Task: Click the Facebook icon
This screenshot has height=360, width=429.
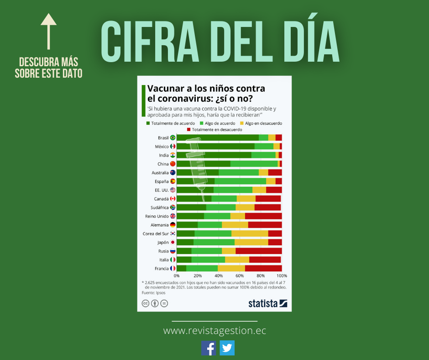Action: [209, 348]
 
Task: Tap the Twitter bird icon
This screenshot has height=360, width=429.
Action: [227, 348]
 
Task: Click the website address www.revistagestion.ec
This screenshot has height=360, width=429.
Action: [214, 330]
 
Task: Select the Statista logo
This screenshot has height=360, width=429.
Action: [267, 303]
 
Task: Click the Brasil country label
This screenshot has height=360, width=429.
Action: [163, 138]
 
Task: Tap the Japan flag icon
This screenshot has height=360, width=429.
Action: [173, 243]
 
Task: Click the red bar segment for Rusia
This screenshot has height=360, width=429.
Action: [258, 251]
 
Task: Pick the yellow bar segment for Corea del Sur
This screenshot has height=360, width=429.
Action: [250, 233]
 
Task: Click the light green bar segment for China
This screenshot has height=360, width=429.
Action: [254, 164]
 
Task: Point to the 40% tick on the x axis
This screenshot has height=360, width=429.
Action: [219, 276]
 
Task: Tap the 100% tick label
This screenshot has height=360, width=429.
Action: [282, 276]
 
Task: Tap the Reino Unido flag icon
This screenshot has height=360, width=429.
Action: [173, 216]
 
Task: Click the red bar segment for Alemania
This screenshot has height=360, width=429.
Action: [265, 225]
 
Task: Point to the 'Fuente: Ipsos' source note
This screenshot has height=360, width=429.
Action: [153, 293]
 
